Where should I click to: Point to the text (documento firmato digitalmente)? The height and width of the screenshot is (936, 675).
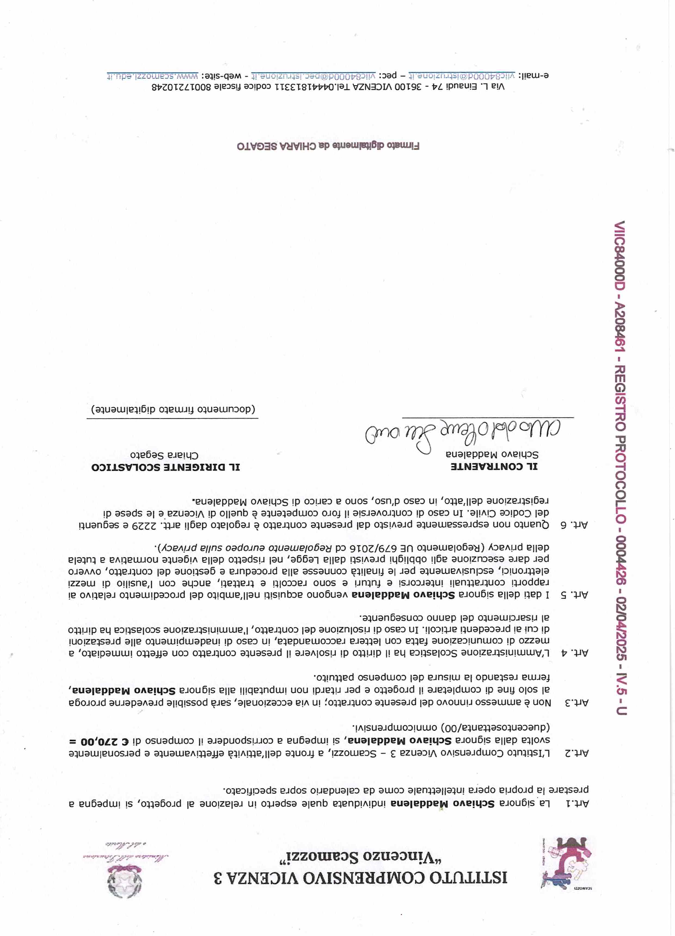[173, 409]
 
